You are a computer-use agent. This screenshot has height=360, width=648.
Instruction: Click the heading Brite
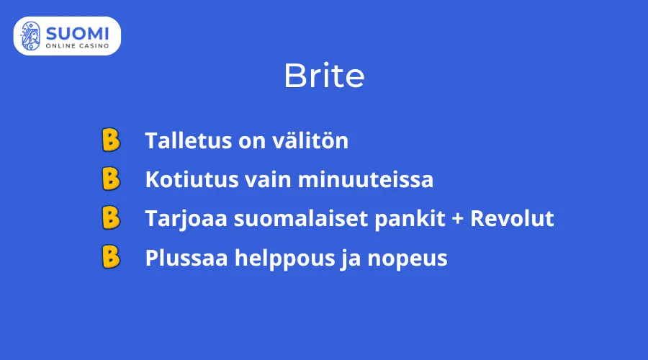click(323, 76)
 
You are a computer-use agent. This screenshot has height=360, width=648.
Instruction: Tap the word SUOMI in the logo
click(77, 32)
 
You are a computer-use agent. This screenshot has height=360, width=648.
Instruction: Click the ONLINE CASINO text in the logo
click(77, 45)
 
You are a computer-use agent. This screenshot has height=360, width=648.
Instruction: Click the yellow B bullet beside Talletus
click(110, 140)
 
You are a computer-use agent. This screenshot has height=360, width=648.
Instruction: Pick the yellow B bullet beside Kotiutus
click(110, 179)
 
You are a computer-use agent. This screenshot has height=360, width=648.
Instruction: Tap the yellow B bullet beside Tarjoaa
click(110, 218)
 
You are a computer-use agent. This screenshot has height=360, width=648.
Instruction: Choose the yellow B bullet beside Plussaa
click(110, 257)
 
